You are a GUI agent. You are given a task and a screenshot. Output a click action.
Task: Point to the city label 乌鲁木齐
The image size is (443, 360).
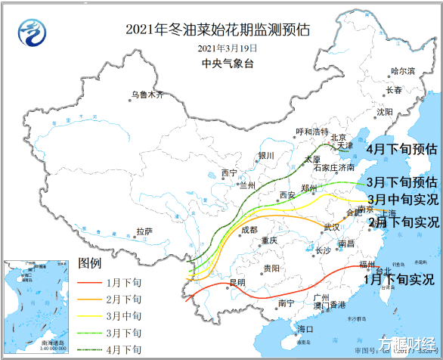coord(147,95)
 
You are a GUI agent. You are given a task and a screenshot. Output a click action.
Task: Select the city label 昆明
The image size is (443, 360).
coord(237,283)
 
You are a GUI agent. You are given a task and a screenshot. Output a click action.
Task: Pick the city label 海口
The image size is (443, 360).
coord(304,329)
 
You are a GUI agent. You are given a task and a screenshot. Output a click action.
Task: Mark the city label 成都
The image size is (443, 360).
coord(249,230)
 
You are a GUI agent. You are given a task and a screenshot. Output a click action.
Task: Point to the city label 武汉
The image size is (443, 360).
coord(331,227)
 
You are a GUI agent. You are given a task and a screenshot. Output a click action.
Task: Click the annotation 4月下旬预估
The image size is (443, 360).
coord(401,149)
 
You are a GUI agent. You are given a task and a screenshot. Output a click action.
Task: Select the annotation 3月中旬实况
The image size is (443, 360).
coord(401,200)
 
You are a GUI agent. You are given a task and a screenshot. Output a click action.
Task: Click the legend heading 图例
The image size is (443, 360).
coord(89,264)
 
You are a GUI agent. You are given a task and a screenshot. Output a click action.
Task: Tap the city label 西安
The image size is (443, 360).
coord(287,195)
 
